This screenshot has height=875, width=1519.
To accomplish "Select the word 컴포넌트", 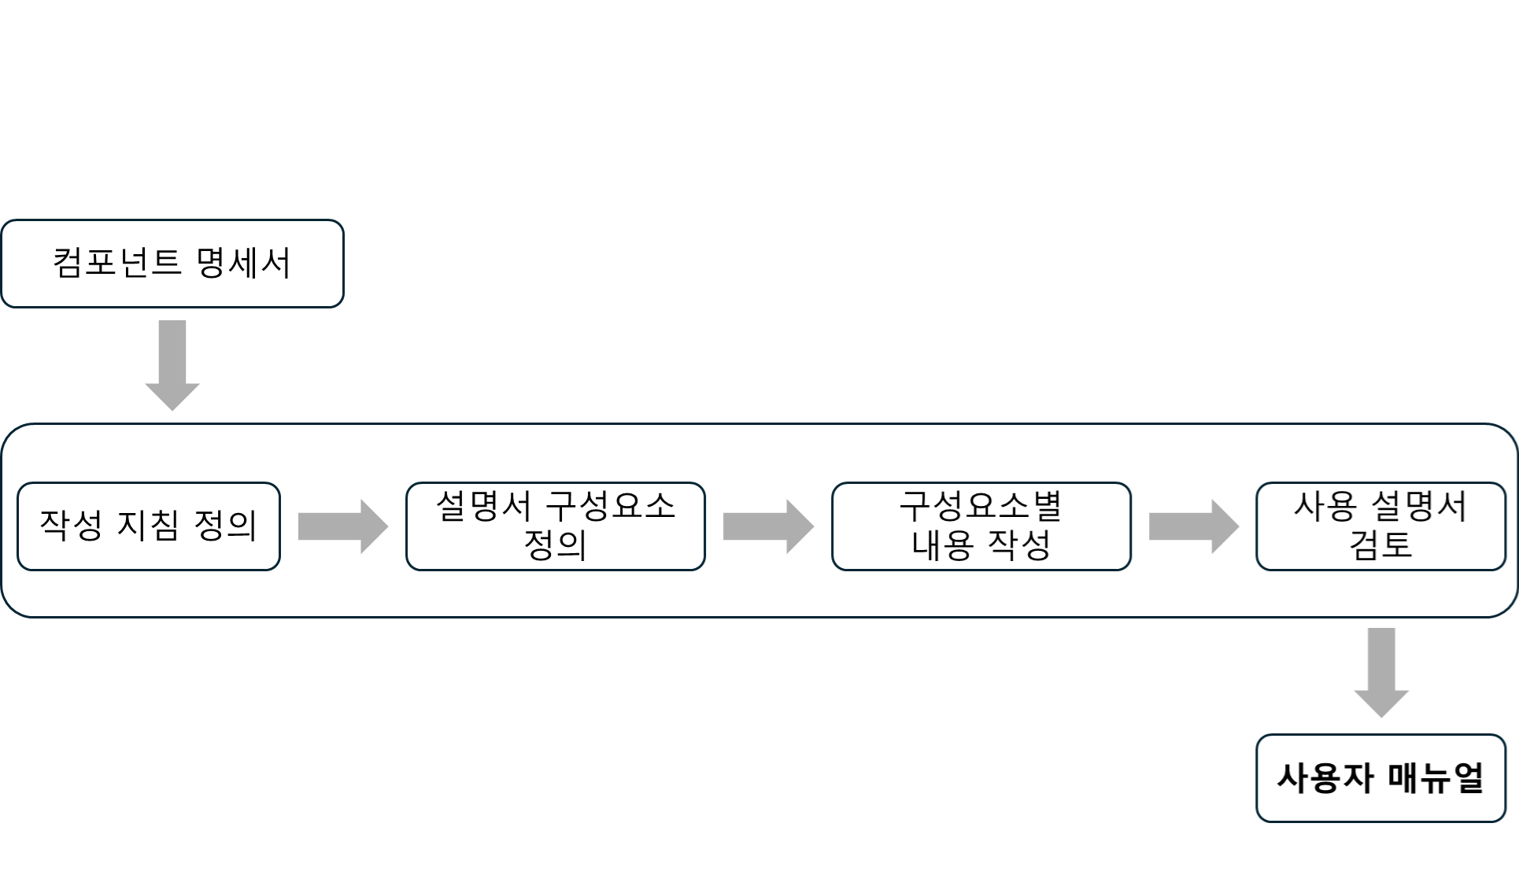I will [x=117, y=263].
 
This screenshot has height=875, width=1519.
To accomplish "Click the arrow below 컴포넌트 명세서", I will [x=172, y=364].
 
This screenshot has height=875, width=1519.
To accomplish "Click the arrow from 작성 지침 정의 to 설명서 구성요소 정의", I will [x=342, y=526].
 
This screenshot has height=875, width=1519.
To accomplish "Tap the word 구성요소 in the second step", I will [x=611, y=506].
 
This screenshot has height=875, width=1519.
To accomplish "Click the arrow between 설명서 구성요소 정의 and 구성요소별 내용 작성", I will [x=767, y=526].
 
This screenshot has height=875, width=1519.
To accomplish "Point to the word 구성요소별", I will [x=981, y=506].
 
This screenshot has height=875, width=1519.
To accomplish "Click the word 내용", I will [x=942, y=545].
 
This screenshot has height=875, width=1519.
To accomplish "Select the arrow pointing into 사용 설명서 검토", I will [x=1193, y=526].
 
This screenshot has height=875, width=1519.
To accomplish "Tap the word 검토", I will [x=1380, y=545].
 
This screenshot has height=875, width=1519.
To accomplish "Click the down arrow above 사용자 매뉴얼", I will [x=1381, y=671].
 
